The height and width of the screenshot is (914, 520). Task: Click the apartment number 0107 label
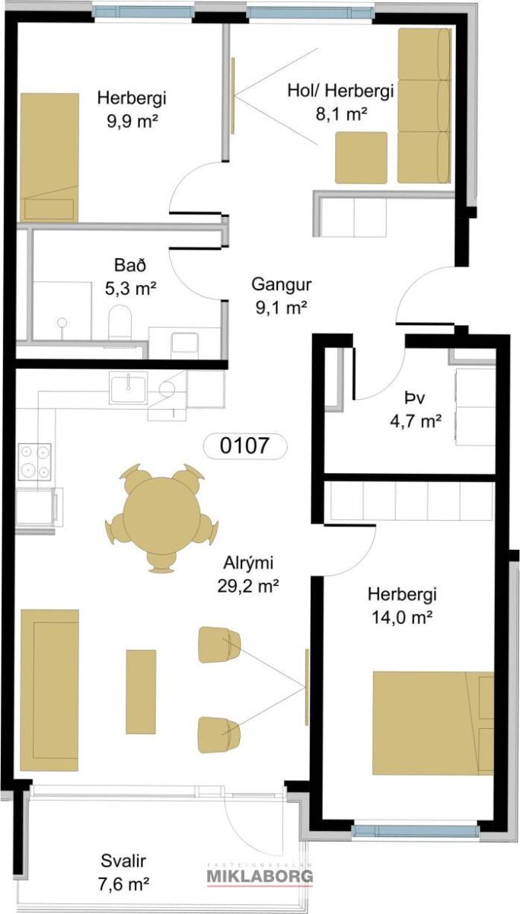point(244,445)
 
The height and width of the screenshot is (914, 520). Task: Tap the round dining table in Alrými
point(161,516)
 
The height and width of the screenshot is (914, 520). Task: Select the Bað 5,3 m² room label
point(130,276)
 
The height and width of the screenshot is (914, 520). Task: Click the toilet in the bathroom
point(121,321)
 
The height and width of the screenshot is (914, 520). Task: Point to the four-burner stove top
point(35,461)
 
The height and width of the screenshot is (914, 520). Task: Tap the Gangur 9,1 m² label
point(281,296)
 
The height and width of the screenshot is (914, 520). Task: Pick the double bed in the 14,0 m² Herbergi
point(433,723)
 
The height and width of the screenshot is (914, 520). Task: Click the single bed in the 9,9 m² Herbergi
point(49,158)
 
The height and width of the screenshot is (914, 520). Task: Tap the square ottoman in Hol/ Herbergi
point(361,158)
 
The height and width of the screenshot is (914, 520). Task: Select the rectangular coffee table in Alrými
point(141,692)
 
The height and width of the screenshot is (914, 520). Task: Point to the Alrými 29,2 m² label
point(248,575)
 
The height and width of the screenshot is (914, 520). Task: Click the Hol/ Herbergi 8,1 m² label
point(340,101)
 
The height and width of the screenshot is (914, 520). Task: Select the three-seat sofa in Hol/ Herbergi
point(425,106)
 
